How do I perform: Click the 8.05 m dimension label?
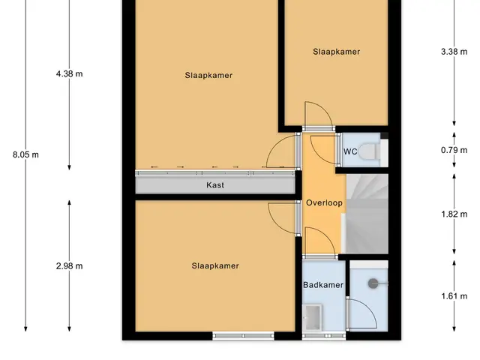tap(25, 154)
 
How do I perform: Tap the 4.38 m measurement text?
tap(70, 73)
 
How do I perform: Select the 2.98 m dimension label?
tap(70, 266)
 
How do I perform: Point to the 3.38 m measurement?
tap(454, 52)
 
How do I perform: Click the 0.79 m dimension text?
tap(454, 150)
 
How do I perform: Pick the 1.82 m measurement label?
tap(454, 214)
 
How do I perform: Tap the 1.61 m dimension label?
tap(454, 296)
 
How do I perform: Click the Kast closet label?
tap(215, 185)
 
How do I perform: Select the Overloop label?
tap(324, 202)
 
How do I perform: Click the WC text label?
tap(350, 151)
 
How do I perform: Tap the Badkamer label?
tap(323, 285)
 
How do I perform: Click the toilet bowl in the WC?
tap(370, 151)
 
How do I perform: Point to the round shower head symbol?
tap(373, 283)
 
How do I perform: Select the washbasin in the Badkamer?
tap(312, 317)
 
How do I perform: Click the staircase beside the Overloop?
tap(365, 214)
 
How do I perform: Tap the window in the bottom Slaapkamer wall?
tap(243, 336)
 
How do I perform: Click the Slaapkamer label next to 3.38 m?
tap(337, 52)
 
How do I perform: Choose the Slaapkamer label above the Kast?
tap(208, 75)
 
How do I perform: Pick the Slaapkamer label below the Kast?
tap(215, 265)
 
